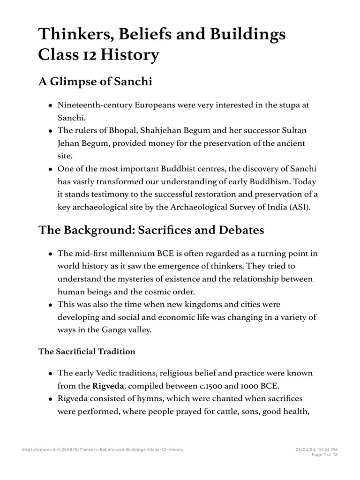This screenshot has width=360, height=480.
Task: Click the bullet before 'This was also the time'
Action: tap(50, 305)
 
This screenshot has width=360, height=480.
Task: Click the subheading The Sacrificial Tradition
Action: tap(87, 352)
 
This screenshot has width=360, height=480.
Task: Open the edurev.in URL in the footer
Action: tap(103, 450)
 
